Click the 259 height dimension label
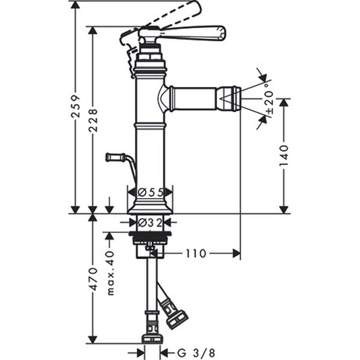click(x=76, y=106)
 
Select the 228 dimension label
click(x=93, y=121)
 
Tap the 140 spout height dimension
click(x=284, y=155)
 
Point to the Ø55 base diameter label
click(x=151, y=193)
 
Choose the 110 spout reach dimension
click(x=196, y=254)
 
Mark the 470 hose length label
click(x=93, y=279)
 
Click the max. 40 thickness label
click(x=110, y=273)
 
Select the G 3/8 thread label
click(x=196, y=352)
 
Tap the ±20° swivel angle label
click(x=269, y=99)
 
